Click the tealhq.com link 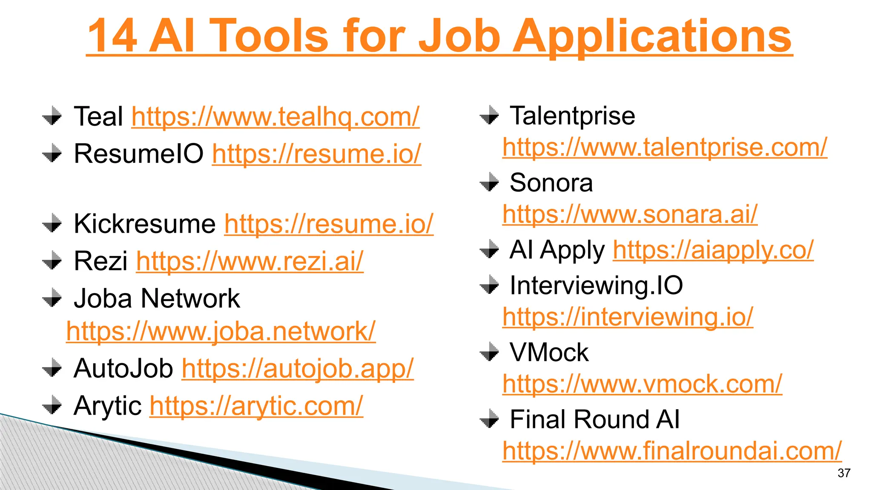click(x=275, y=117)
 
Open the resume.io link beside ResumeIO click(x=316, y=154)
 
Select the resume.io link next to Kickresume click(x=329, y=224)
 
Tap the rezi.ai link click(x=250, y=261)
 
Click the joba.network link click(x=221, y=331)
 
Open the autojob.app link click(x=298, y=368)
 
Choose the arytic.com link click(x=256, y=406)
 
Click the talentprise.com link click(x=665, y=147)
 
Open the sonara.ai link click(x=630, y=214)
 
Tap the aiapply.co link click(x=713, y=250)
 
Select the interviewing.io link click(x=628, y=317)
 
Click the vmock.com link click(x=642, y=384)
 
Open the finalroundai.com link click(x=672, y=451)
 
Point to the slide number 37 click(x=843, y=473)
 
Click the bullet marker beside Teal click(x=52, y=116)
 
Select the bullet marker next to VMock click(x=489, y=352)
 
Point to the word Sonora click(x=551, y=183)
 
